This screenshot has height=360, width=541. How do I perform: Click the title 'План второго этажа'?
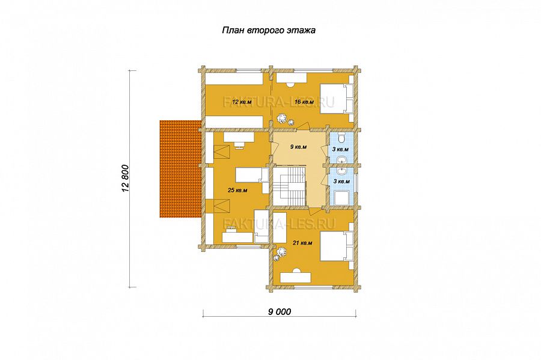click(269, 30)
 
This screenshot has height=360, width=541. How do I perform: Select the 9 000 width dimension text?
click(280, 312)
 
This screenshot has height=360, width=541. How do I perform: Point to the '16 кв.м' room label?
click(304, 102)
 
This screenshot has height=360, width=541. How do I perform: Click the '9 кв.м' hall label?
click(299, 147)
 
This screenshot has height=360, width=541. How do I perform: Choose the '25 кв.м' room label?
click(237, 190)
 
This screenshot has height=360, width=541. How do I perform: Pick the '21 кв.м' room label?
click(302, 243)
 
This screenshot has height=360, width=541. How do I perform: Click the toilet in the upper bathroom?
click(341, 138)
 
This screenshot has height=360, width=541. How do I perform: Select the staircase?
click(289, 188)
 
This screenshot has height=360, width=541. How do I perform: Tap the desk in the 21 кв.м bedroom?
click(296, 276)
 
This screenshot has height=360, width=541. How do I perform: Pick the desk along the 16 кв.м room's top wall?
click(290, 78)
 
